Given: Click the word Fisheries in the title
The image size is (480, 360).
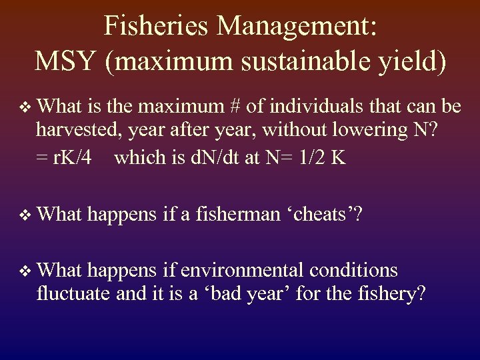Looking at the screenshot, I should click(155, 27).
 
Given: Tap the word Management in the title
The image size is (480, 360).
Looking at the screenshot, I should click(296, 27).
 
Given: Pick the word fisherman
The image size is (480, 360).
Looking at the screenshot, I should click(234, 215).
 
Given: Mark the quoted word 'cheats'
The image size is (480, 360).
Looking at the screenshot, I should click(327, 215).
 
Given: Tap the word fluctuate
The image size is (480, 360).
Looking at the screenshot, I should click(73, 295).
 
